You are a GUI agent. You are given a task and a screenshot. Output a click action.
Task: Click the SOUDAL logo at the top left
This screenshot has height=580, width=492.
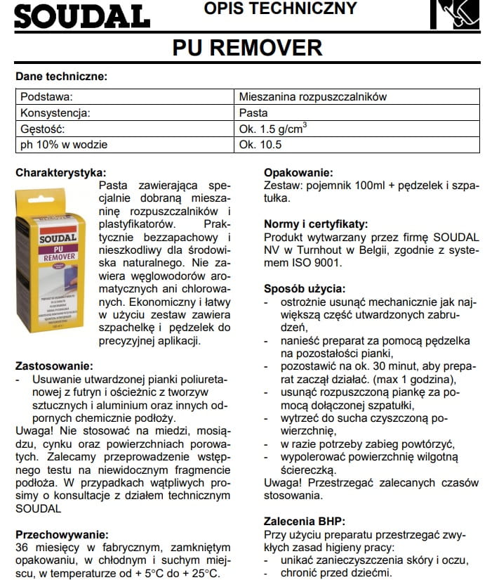click(x=81, y=15)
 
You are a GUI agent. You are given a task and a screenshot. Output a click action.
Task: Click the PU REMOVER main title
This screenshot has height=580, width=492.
click(x=246, y=48)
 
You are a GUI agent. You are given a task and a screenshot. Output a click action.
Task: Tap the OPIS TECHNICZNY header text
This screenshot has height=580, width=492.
click(x=279, y=9)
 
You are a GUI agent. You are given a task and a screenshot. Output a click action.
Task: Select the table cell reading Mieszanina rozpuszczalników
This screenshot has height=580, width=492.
click(x=312, y=97)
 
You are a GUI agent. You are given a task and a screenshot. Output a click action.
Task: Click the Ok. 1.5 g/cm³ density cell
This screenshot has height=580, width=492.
click(x=273, y=129)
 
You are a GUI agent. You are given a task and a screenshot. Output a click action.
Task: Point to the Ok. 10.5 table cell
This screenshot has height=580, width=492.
click(x=260, y=145)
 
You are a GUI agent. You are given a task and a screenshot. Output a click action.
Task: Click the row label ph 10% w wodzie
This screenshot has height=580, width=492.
click(x=64, y=145)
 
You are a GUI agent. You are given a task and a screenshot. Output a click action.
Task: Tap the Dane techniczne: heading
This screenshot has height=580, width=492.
click(x=61, y=76)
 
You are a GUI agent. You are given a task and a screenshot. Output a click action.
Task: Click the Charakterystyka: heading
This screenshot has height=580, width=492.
click(x=61, y=172)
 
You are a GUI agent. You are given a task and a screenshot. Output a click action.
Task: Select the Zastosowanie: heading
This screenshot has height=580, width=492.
click(x=53, y=366)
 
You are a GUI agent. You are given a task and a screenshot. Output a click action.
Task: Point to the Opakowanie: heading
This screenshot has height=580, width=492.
click(x=298, y=173)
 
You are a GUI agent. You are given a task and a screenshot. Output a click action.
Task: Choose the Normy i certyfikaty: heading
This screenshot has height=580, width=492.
click(x=315, y=224)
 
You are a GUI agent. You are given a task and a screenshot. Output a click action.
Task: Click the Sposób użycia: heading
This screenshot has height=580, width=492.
click(x=304, y=288)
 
